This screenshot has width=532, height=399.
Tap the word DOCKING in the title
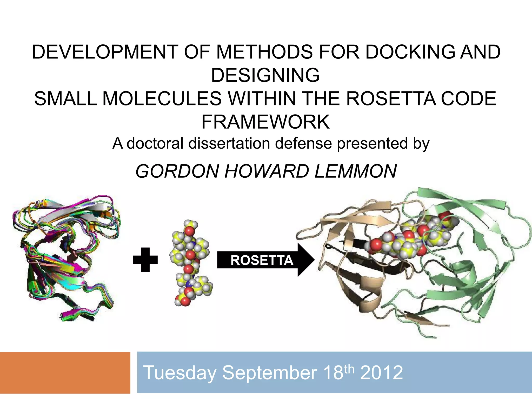click(x=410, y=52)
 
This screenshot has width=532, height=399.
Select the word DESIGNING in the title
click(x=265, y=75)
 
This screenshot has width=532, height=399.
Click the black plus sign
click(x=145, y=260)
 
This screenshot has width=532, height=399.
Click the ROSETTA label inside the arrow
click(x=262, y=260)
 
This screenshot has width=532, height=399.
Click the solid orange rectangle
click(x=65, y=373)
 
